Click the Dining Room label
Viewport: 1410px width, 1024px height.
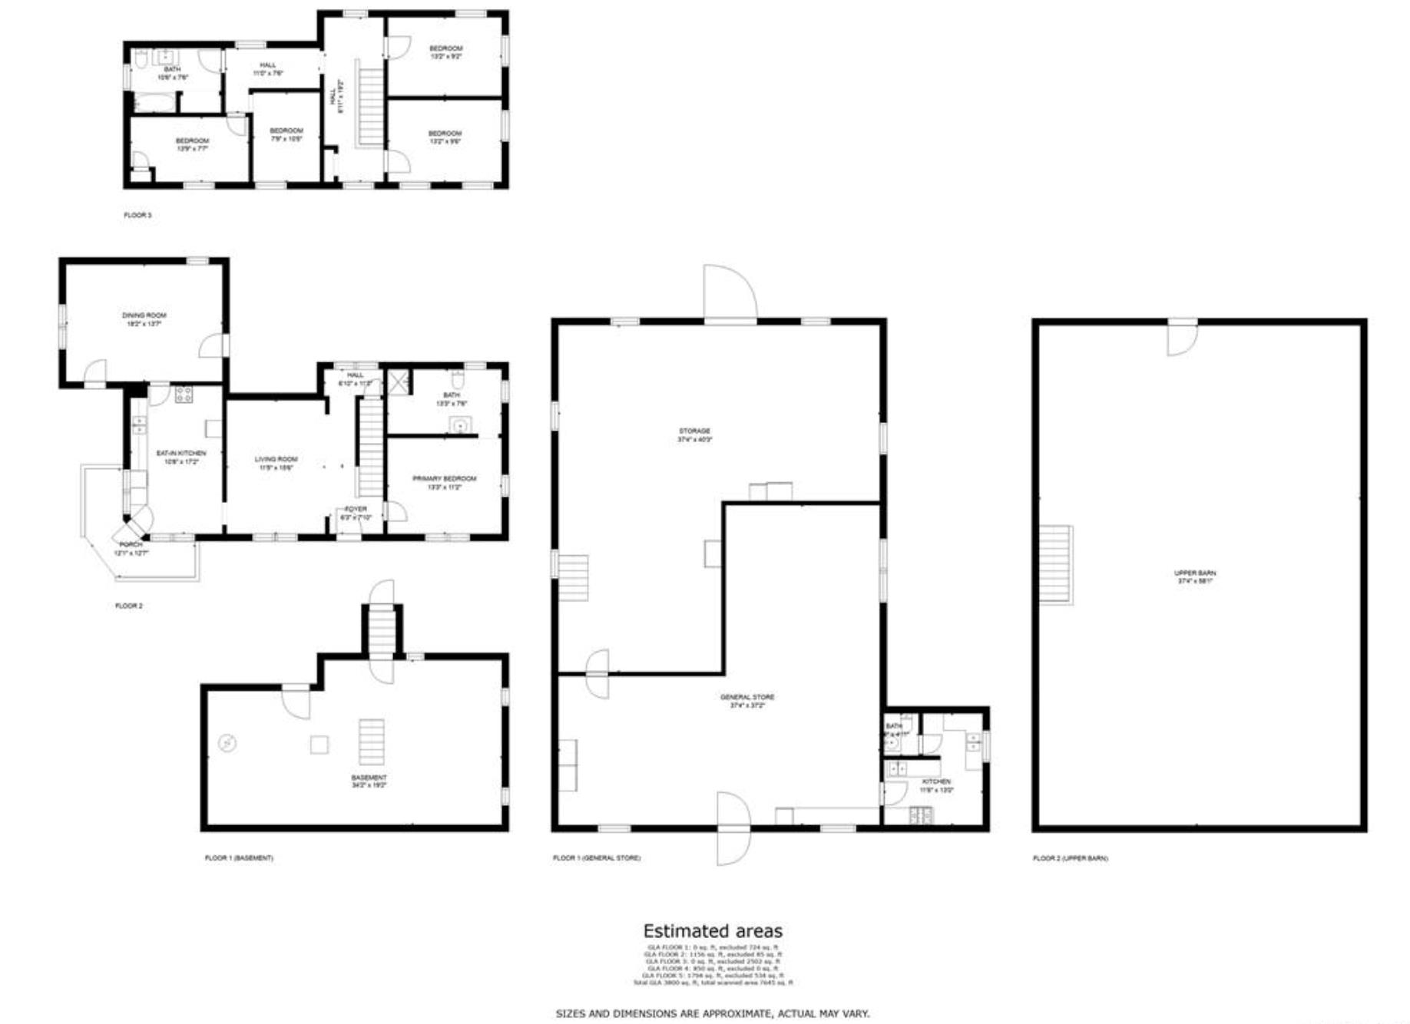(x=144, y=315)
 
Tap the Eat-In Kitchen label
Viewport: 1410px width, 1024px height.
(x=180, y=454)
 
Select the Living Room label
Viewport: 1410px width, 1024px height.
(x=276, y=459)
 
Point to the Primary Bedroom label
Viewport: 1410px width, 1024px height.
(x=444, y=478)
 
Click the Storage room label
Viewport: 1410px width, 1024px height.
(x=694, y=431)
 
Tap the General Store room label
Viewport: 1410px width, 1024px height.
(x=746, y=697)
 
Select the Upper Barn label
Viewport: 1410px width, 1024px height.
(x=1194, y=573)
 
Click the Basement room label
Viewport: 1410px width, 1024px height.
(x=369, y=778)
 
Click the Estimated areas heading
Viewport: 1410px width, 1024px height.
(x=712, y=931)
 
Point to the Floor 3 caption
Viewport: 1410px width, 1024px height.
(x=137, y=216)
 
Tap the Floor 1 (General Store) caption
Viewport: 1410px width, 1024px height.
(x=596, y=857)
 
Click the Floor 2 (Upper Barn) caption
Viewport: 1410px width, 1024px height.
(x=1069, y=858)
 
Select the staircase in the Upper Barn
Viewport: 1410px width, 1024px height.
(x=1056, y=564)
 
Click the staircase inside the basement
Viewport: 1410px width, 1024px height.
(x=372, y=742)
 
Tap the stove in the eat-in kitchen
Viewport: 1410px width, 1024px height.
(x=184, y=395)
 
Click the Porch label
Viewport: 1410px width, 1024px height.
(x=131, y=544)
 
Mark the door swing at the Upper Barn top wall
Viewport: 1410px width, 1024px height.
(x=1181, y=338)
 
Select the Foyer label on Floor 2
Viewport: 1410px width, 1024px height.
(x=356, y=509)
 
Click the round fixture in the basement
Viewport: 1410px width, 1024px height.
(x=227, y=742)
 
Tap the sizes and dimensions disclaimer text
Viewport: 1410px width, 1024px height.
(x=712, y=1014)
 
